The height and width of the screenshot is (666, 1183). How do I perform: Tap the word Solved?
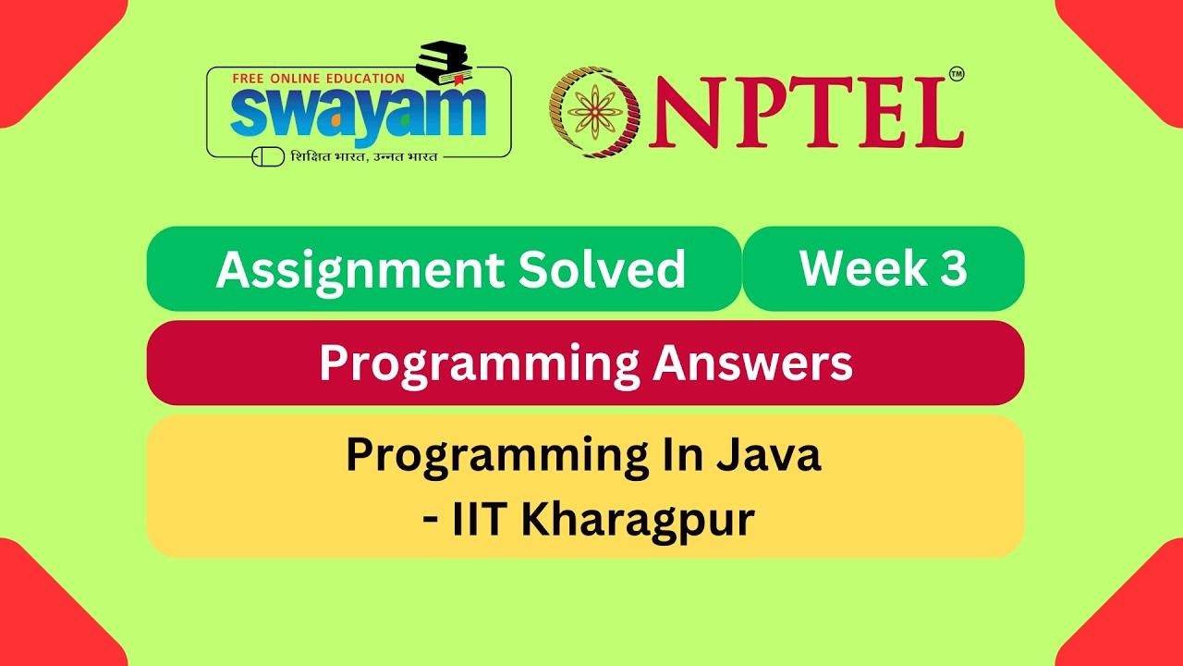(602, 270)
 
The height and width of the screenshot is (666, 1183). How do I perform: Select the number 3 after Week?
(954, 268)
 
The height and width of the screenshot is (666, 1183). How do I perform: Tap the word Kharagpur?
(638, 520)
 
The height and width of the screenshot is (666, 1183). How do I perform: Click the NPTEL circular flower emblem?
(594, 112)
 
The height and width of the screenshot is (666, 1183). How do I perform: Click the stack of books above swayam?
(444, 61)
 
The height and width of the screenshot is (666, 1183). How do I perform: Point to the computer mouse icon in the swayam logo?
(268, 156)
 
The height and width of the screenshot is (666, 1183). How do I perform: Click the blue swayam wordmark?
(358, 112)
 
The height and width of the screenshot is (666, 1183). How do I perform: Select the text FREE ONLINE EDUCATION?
(319, 79)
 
